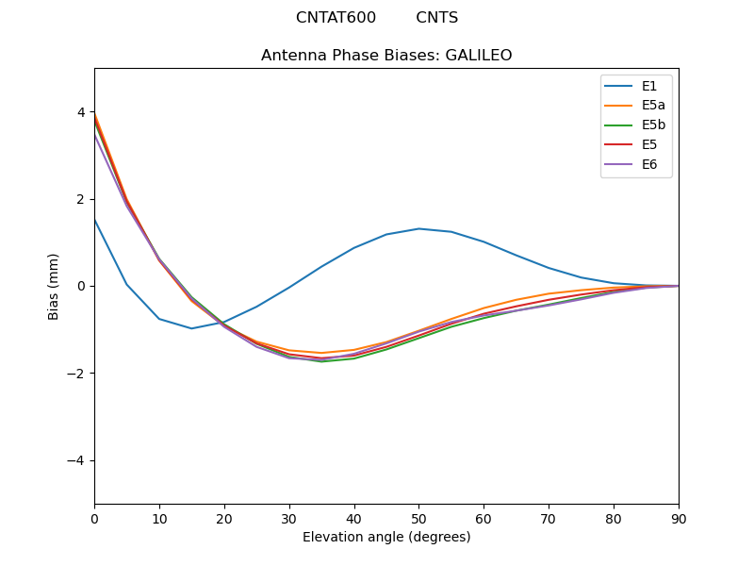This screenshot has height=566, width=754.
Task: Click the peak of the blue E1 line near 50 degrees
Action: tap(418, 228)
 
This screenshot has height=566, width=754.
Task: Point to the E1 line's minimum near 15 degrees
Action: tap(191, 328)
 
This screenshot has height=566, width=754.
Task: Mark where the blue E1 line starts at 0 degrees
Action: tap(94, 219)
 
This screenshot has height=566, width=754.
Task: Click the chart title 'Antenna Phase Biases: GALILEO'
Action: tap(386, 56)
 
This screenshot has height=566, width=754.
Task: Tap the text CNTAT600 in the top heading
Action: tap(336, 18)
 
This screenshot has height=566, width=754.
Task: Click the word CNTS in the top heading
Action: tap(436, 18)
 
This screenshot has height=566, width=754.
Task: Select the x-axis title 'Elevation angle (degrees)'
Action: tap(386, 538)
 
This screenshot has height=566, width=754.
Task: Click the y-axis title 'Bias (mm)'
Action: tap(54, 286)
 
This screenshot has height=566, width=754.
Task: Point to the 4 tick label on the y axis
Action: tap(81, 112)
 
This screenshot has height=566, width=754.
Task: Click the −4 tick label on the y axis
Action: tap(77, 460)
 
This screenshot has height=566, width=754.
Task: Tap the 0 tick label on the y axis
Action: tap(81, 286)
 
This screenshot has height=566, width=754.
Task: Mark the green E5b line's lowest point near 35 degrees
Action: tap(321, 361)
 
